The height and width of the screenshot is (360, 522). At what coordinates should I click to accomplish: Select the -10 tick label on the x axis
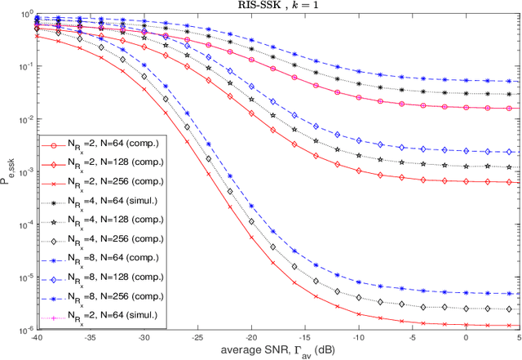coord(359,339)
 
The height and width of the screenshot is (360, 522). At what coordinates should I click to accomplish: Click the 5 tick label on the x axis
coord(520,339)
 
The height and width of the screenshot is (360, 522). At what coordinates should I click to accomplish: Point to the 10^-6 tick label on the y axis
coord(24,330)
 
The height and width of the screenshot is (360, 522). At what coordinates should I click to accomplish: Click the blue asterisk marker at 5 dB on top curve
coord(519,82)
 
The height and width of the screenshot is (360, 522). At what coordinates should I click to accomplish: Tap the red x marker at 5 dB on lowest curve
coord(519,325)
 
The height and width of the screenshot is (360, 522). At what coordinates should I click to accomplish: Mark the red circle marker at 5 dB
coord(519,108)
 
